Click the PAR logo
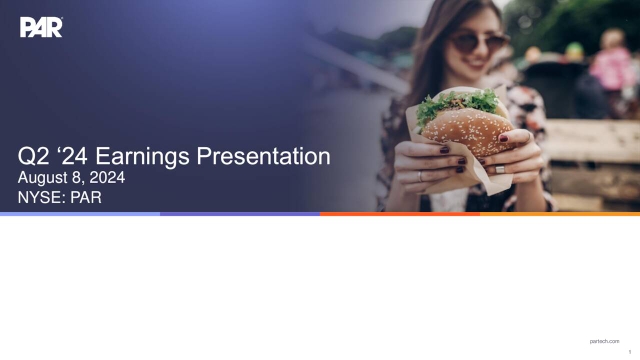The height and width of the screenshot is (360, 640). [x=41, y=27]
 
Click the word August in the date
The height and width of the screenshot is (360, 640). [x=45, y=178]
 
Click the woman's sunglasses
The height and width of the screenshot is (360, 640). [x=480, y=42]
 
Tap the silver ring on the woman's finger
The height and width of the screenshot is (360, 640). [x=499, y=169]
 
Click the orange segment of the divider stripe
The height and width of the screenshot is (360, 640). [x=400, y=213]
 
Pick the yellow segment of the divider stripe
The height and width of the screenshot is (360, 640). [x=560, y=213]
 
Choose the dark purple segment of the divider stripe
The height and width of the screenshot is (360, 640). [x=240, y=213]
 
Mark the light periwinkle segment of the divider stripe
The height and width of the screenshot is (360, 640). [x=80, y=213]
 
